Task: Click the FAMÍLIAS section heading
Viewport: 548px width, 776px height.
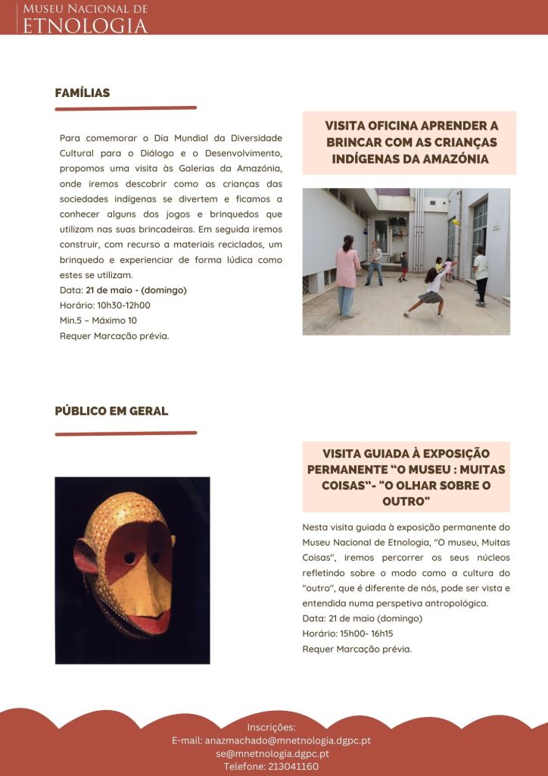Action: [83, 93]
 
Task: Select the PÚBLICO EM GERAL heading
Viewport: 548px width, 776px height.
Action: [111, 411]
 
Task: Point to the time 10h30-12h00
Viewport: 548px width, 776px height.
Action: [122, 305]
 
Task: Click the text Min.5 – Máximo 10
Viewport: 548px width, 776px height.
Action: [98, 321]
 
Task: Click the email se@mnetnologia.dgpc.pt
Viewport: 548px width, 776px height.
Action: [272, 753]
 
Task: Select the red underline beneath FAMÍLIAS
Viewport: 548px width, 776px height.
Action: [126, 108]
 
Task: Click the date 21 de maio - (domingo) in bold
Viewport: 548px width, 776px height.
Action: [136, 290]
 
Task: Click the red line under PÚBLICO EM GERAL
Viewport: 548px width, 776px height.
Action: [126, 433]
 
